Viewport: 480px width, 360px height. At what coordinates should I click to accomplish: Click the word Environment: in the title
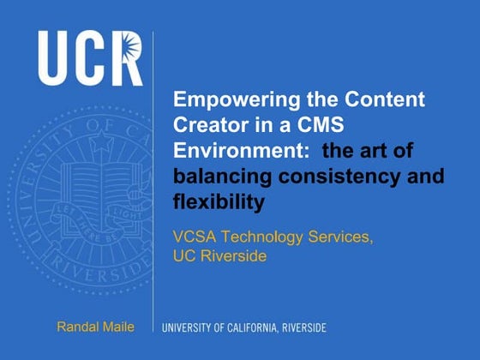tap(227, 151)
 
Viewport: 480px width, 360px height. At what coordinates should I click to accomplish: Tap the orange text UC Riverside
tap(219, 255)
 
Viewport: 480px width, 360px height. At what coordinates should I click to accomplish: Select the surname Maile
tap(118, 326)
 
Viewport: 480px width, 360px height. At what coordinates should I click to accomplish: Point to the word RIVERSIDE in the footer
tap(301, 327)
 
